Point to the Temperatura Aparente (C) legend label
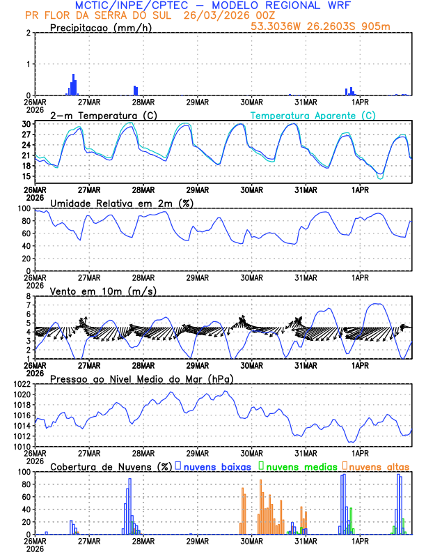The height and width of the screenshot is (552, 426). click(x=313, y=115)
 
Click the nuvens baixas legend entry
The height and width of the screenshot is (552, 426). click(x=216, y=466)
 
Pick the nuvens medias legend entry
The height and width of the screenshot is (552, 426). click(x=299, y=466)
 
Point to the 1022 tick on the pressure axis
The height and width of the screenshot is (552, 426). click(x=22, y=384)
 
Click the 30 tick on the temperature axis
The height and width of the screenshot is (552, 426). click(x=26, y=124)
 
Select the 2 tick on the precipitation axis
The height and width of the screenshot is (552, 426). click(x=29, y=33)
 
